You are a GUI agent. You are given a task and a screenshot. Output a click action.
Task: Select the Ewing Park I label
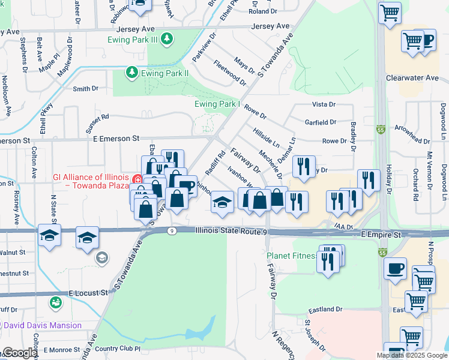click(x=217, y=104)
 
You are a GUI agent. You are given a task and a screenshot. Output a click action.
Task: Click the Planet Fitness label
click(x=291, y=256)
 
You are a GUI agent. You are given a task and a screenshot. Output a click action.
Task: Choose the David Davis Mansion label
click(x=43, y=325)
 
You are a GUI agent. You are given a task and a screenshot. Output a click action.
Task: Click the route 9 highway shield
click(x=172, y=230)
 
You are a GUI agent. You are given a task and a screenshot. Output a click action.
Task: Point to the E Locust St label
click(x=88, y=293)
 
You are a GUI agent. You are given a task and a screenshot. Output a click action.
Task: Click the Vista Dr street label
click(x=323, y=104)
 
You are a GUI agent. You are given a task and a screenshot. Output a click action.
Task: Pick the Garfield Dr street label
click(x=320, y=122)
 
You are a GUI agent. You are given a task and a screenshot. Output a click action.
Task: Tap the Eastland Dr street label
click(x=325, y=310)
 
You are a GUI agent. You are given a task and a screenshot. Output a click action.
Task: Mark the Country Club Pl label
click(x=117, y=349)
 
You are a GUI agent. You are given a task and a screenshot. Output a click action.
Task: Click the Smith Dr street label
click(x=85, y=89)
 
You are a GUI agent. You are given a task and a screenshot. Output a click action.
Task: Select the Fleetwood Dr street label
click(x=229, y=72)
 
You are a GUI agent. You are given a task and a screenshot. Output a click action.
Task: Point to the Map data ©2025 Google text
click(x=412, y=355)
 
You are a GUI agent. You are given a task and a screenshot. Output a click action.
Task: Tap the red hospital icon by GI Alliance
click(x=137, y=179)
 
